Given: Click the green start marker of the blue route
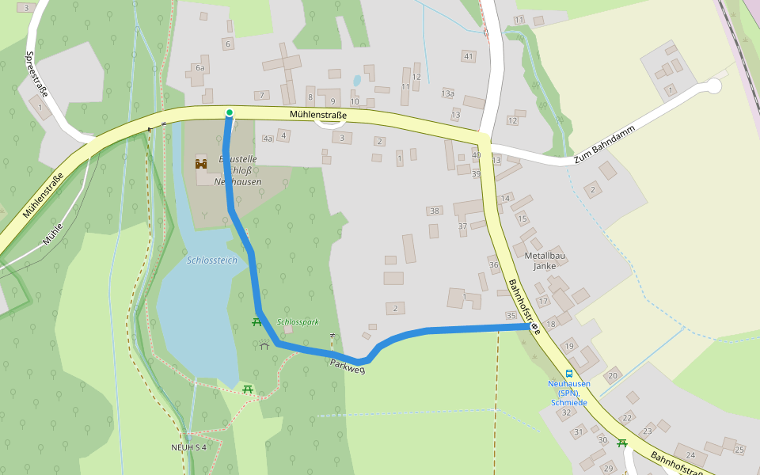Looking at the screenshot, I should (x=229, y=113).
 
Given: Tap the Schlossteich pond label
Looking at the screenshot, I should (x=211, y=260).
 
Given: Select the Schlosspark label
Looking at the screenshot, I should (x=298, y=322).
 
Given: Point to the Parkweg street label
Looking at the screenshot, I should (x=348, y=367).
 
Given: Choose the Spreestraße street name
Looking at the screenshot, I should (x=36, y=74).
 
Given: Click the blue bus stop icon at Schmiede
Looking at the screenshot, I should (x=568, y=373).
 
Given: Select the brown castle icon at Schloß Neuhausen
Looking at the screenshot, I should (x=201, y=164).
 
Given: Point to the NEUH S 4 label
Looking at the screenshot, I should (x=188, y=447).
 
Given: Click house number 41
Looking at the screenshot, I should (x=469, y=56).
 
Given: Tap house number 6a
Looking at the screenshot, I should (x=200, y=69).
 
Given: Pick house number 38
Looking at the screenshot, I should (x=434, y=211).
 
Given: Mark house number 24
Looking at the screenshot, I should (x=690, y=455).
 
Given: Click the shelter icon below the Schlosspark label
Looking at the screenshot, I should (x=264, y=345).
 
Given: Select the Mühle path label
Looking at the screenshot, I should (x=52, y=235).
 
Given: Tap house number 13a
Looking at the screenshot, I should (x=448, y=93).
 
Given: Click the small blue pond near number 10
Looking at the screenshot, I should (x=357, y=80).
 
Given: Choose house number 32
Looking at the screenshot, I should (x=565, y=412).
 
